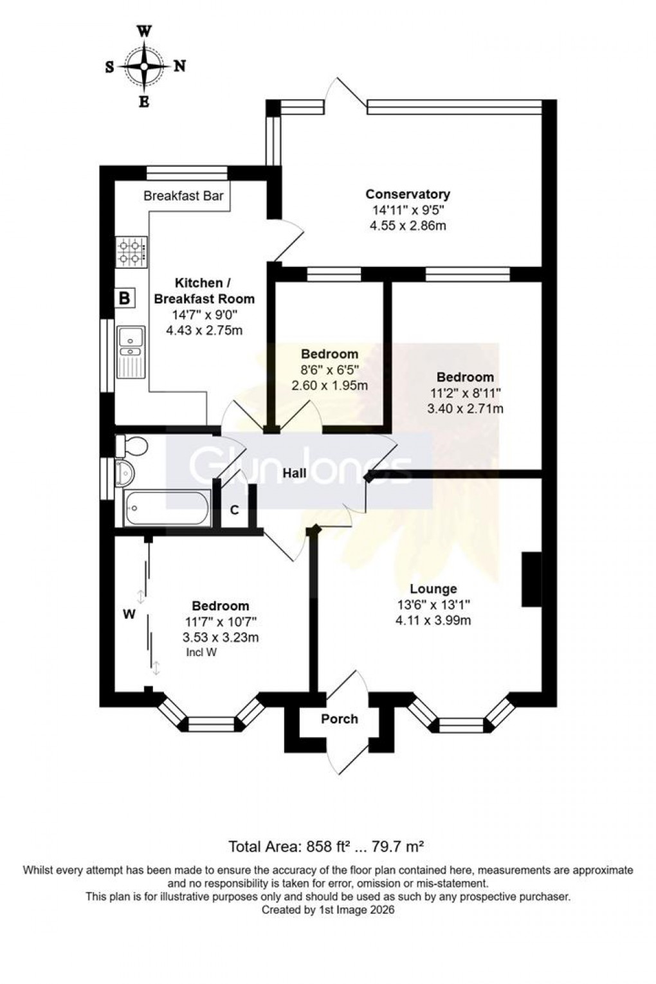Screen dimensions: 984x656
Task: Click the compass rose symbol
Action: click(x=145, y=66)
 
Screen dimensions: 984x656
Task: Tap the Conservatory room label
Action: click(x=408, y=194)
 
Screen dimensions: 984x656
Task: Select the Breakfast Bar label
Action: click(x=183, y=196)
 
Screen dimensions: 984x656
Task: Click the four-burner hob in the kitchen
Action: click(x=131, y=251)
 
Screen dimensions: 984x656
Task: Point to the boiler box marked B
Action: click(x=125, y=298)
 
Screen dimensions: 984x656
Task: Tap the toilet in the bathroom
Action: click(x=130, y=445)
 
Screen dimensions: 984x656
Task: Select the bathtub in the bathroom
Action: click(x=167, y=508)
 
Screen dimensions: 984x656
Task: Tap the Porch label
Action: click(x=340, y=718)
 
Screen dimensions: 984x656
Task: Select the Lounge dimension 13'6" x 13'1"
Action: click(x=433, y=605)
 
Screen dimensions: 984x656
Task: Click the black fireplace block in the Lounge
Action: click(x=531, y=579)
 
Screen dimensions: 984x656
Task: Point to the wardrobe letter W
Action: click(x=129, y=614)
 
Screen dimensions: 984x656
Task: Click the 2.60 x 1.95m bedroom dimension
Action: click(x=330, y=386)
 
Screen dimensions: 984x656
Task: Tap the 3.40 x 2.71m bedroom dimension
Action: click(x=465, y=408)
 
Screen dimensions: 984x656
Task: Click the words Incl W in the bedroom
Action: click(x=200, y=652)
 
